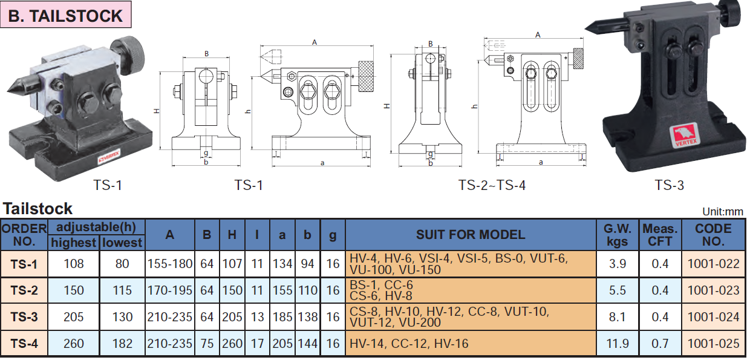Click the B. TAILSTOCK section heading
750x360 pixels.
click(66, 16)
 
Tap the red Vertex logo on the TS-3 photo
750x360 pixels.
click(682, 134)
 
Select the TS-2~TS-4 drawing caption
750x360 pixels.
click(492, 185)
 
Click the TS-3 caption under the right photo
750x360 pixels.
click(669, 185)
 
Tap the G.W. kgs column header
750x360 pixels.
click(618, 235)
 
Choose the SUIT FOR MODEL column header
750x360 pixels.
click(471, 235)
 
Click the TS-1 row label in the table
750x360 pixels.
click(24, 264)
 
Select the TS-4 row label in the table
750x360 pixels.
click(24, 344)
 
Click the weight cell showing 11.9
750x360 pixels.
click(618, 344)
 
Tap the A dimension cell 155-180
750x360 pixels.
click(170, 264)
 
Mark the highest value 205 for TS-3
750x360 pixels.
click(74, 317)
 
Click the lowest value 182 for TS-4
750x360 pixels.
click(122, 344)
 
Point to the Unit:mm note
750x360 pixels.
click(723, 212)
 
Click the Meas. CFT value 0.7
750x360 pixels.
click(660, 344)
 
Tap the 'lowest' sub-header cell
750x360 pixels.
click(122, 243)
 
